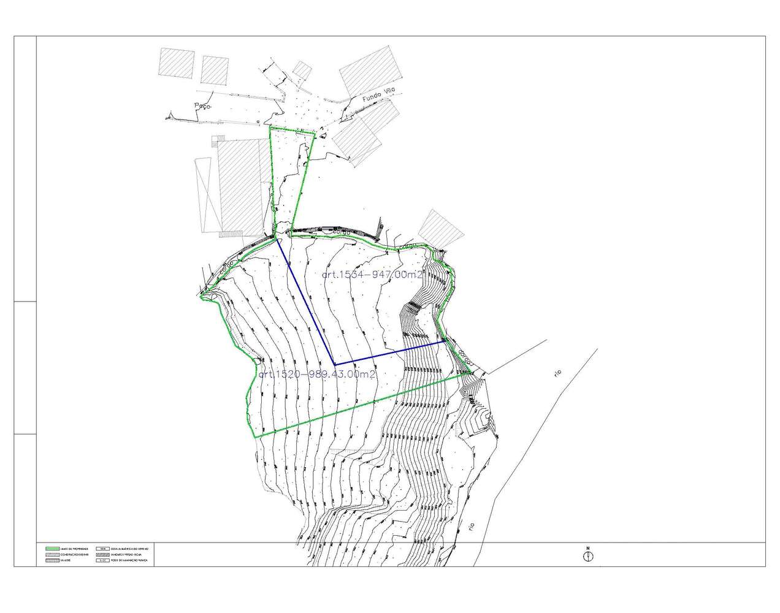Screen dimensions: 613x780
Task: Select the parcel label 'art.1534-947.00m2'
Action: tap(372, 275)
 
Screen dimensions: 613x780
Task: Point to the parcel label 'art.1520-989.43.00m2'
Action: tap(316, 374)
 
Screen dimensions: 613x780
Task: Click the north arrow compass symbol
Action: tap(587, 557)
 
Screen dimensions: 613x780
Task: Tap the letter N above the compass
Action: tap(587, 548)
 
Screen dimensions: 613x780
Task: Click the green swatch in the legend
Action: tap(57, 548)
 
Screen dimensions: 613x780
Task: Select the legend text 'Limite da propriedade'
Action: tap(80, 548)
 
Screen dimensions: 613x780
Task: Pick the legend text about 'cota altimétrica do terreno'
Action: tap(127, 548)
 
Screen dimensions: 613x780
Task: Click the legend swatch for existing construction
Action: tap(57, 555)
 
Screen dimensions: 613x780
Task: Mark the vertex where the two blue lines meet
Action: tap(334, 364)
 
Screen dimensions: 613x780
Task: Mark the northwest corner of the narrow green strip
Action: tap(270, 128)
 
